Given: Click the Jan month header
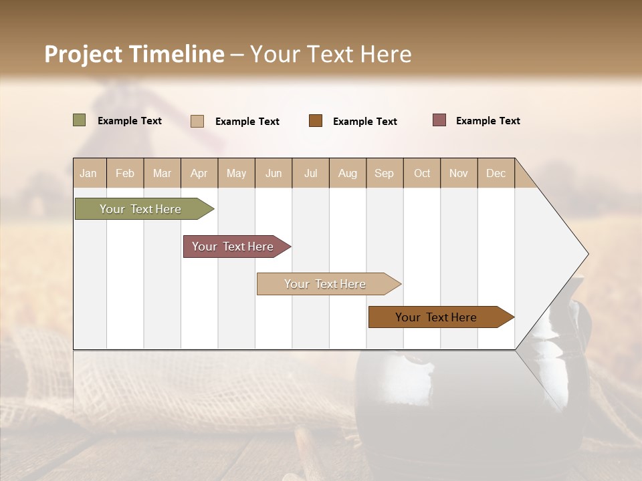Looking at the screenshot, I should (88, 173).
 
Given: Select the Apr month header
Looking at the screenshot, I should (199, 173).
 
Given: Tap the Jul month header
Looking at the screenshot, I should (310, 173).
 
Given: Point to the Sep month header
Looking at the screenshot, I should (384, 173).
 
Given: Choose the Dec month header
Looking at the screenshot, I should (496, 173).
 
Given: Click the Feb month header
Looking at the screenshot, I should (125, 173).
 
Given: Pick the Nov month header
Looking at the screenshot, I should (458, 173).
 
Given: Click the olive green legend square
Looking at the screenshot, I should (80, 120).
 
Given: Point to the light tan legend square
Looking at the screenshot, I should (197, 121).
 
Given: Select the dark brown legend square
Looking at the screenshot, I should (316, 121).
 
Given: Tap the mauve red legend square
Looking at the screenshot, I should (439, 120).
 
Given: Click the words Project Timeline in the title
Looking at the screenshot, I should (134, 54).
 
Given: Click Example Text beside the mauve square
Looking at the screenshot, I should (488, 121).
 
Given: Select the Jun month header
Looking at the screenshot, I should (274, 173).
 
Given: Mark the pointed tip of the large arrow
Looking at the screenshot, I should (586, 254).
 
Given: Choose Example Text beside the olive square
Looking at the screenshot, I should (130, 121).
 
